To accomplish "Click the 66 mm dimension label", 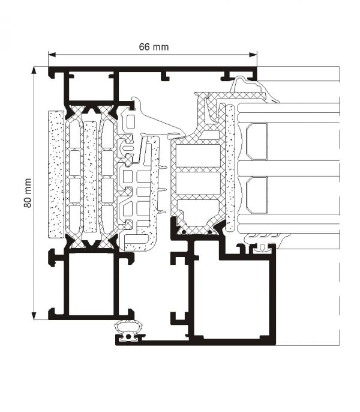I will click(x=152, y=46).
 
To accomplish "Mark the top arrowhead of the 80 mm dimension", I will click(x=35, y=70).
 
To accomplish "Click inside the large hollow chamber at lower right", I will click(x=233, y=294).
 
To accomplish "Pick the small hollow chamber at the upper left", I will click(x=90, y=88).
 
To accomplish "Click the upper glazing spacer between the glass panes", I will click(x=257, y=142).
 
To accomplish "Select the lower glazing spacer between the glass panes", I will click(x=257, y=195).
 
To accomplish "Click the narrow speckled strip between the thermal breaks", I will click(x=90, y=177).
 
